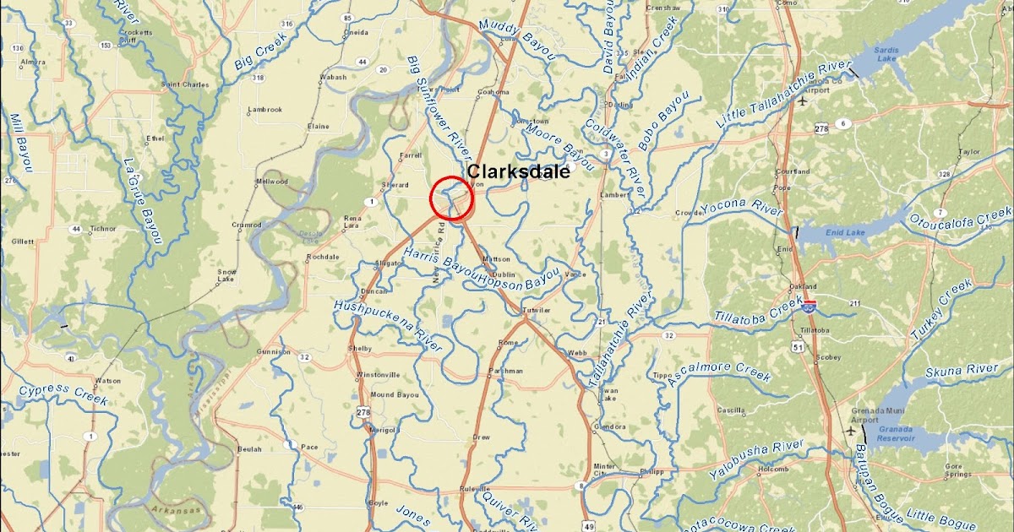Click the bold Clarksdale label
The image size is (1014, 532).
pos(518,171)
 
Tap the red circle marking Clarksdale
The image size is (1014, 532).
pos(451,199)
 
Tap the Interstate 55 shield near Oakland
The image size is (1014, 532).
pos(810,307)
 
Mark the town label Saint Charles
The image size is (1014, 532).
pos(184,84)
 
